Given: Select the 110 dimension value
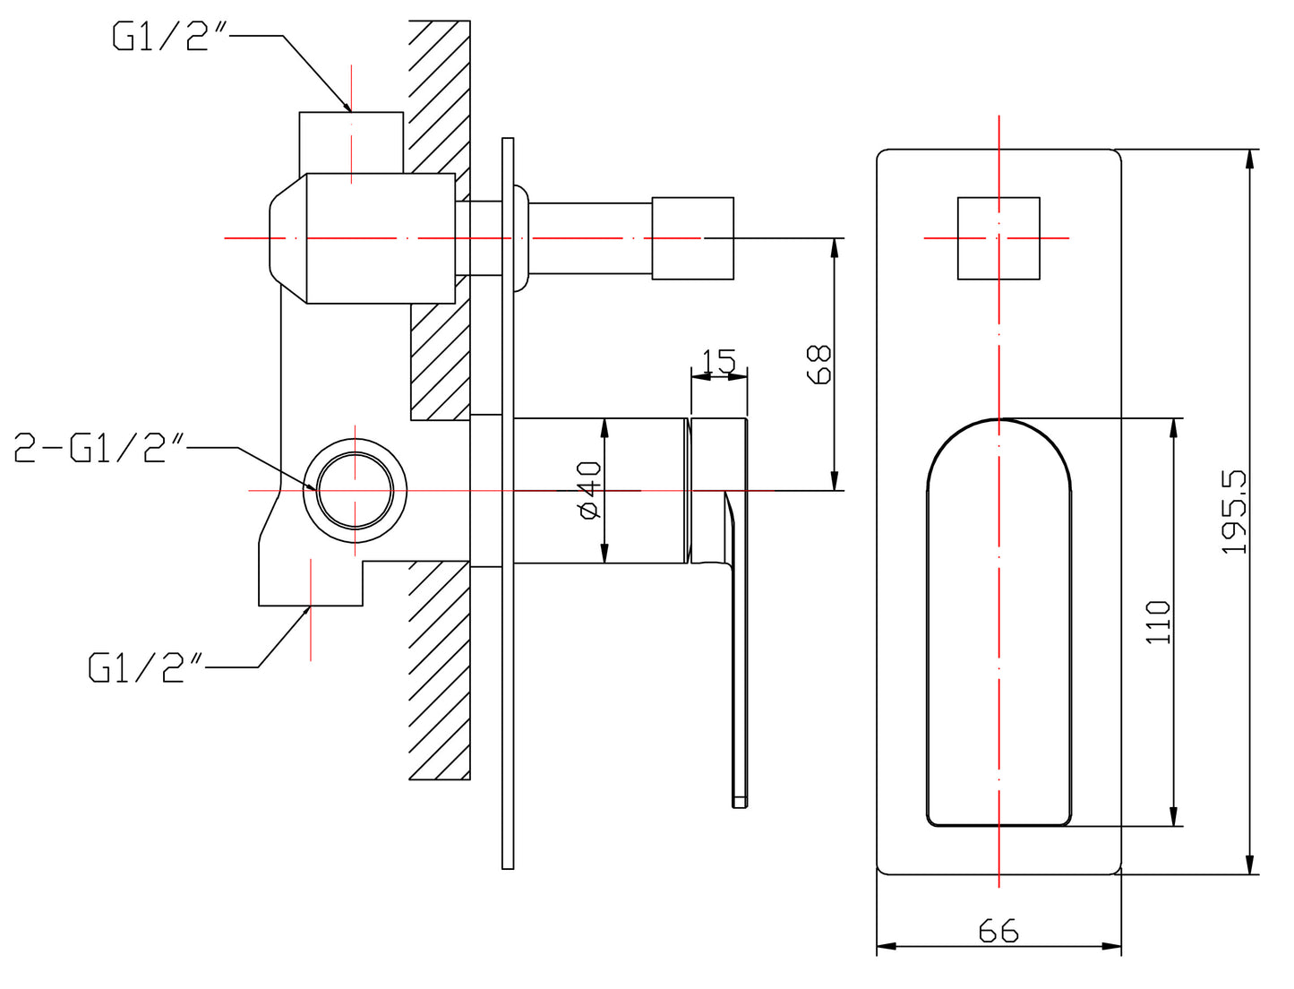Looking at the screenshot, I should pyautogui.click(x=1158, y=622).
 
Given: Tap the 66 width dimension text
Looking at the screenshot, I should pyautogui.click(x=998, y=932).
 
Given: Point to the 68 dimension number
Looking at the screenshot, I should pyautogui.click(x=819, y=364).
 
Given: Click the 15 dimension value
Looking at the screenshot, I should pyautogui.click(x=719, y=362).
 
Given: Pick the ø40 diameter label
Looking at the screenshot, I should pyautogui.click(x=589, y=490).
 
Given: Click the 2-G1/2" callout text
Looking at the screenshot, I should pyautogui.click(x=99, y=447).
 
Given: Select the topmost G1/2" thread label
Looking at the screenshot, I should pyautogui.click(x=170, y=37).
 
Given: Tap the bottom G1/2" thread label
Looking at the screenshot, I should pyautogui.click(x=146, y=667).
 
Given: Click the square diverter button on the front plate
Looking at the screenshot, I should pyautogui.click(x=998, y=238).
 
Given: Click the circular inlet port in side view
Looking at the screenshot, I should pyautogui.click(x=356, y=491).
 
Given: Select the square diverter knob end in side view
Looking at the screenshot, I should pyautogui.click(x=692, y=238).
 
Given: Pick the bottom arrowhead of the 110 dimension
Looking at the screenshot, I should pyautogui.click(x=1174, y=819).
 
